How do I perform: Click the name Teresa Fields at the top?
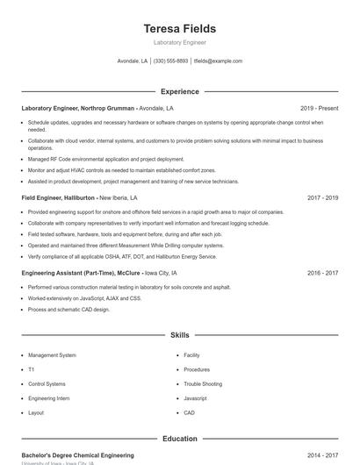pos(179,28)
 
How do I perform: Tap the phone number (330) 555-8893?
pos(170,61)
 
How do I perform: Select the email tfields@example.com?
pos(218,61)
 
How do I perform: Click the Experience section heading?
pos(179,91)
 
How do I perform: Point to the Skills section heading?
pos(179,335)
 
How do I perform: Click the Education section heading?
pos(179,439)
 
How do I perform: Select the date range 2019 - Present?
pos(319,108)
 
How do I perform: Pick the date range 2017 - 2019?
pos(322,198)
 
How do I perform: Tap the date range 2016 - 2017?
pos(322,273)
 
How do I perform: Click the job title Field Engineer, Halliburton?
pos(58,198)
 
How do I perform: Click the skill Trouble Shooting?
pos(203,383)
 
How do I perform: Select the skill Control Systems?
pos(47,383)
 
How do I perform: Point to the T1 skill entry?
pos(31,369)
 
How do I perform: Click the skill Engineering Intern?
pos(48,398)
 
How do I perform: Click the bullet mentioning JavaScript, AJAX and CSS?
pos(84,298)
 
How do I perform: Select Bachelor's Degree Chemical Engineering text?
pos(77,455)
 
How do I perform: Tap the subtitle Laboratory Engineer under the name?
pos(179,42)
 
